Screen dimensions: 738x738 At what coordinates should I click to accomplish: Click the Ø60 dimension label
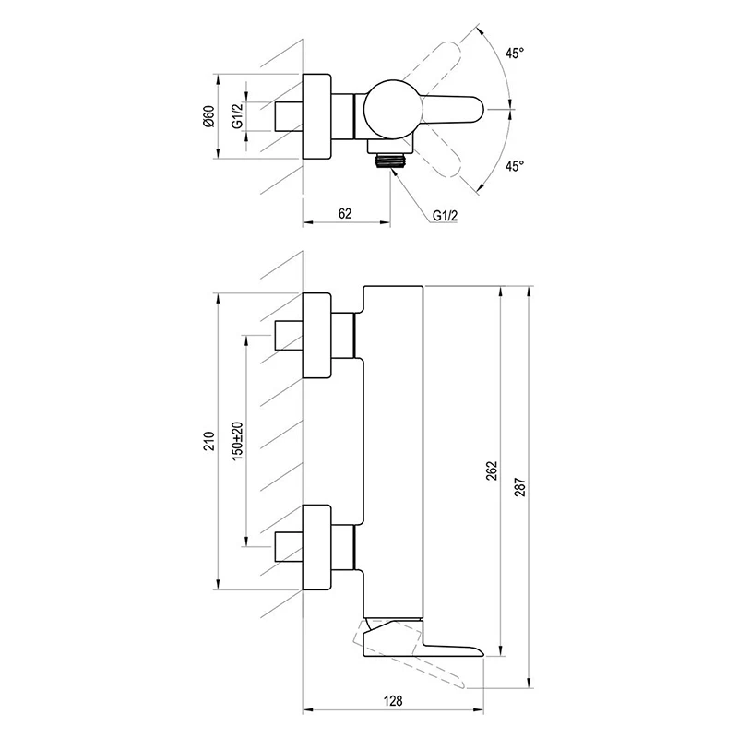[210, 116]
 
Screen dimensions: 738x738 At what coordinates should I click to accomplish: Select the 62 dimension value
[345, 214]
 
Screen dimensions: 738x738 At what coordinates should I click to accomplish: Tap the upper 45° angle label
[515, 54]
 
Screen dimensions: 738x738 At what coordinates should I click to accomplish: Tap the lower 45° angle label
[515, 166]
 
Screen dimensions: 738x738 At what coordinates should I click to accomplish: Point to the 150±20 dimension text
[238, 441]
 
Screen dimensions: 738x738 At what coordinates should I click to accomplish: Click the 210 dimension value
[209, 441]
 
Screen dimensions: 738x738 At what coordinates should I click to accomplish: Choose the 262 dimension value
[492, 471]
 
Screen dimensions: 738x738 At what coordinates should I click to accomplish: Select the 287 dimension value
[520, 487]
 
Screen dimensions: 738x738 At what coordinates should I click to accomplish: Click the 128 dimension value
[393, 701]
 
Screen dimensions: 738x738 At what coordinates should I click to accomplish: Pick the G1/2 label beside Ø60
[238, 116]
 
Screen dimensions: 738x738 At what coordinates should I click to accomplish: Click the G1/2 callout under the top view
[445, 216]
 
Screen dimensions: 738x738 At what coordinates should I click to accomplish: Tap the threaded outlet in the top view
[389, 160]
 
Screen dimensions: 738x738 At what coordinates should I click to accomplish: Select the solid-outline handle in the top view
[453, 110]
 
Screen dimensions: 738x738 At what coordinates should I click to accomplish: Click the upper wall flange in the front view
[316, 336]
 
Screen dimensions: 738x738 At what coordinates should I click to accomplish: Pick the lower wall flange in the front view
[316, 547]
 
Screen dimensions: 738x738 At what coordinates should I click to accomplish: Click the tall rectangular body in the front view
[394, 452]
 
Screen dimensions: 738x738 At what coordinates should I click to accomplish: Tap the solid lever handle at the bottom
[423, 639]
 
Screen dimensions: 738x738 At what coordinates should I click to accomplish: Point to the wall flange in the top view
[316, 116]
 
